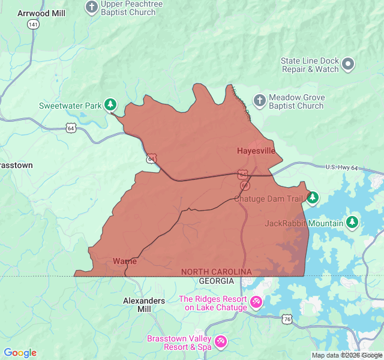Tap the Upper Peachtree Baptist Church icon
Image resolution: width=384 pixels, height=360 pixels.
coord(91,7)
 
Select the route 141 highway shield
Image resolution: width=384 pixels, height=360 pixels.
coord(32,24)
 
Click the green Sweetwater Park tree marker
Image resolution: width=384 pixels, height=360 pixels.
coord(110,105)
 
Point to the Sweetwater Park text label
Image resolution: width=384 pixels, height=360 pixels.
coord(70,106)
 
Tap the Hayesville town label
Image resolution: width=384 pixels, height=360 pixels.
coord(256,151)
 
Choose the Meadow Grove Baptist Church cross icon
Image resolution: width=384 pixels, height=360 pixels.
coord(259,100)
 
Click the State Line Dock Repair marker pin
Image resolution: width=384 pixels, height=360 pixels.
coord(349,64)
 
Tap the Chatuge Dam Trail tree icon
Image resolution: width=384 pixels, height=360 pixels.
coord(312,197)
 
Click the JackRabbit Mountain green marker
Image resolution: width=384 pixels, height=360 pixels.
coord(352,223)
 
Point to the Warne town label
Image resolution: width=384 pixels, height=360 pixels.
coord(125,261)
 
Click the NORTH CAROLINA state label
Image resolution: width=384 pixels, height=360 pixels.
coord(216,272)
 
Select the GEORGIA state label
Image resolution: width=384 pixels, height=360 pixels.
coord(216,281)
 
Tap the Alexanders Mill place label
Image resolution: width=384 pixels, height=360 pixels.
coord(143,305)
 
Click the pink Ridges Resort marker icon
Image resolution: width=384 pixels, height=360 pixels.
coord(256,301)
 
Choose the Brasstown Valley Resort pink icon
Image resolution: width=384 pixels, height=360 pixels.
coord(220,341)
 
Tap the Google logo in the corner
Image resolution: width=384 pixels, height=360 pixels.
coord(20,353)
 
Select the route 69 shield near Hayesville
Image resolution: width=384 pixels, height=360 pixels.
coord(245,185)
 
